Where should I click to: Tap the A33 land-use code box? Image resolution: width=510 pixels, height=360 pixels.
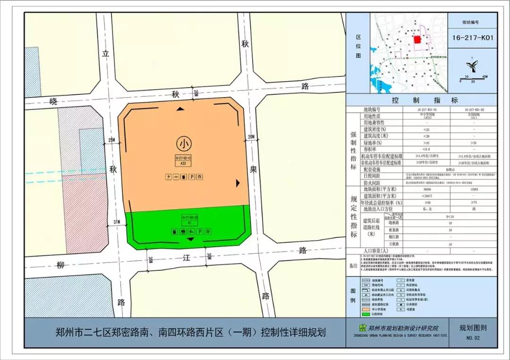183,163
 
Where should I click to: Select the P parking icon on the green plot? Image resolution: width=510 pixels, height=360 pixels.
200,232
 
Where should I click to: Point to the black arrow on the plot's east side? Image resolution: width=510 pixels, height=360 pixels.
238,182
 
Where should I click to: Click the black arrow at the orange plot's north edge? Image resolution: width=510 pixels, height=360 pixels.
180,109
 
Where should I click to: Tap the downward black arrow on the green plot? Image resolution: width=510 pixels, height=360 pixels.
190,240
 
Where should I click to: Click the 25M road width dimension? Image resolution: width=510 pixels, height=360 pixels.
111,140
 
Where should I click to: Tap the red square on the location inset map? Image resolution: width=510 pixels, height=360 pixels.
417,40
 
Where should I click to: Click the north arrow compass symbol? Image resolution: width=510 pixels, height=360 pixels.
471,64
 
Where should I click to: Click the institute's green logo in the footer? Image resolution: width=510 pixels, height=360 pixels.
363,328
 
